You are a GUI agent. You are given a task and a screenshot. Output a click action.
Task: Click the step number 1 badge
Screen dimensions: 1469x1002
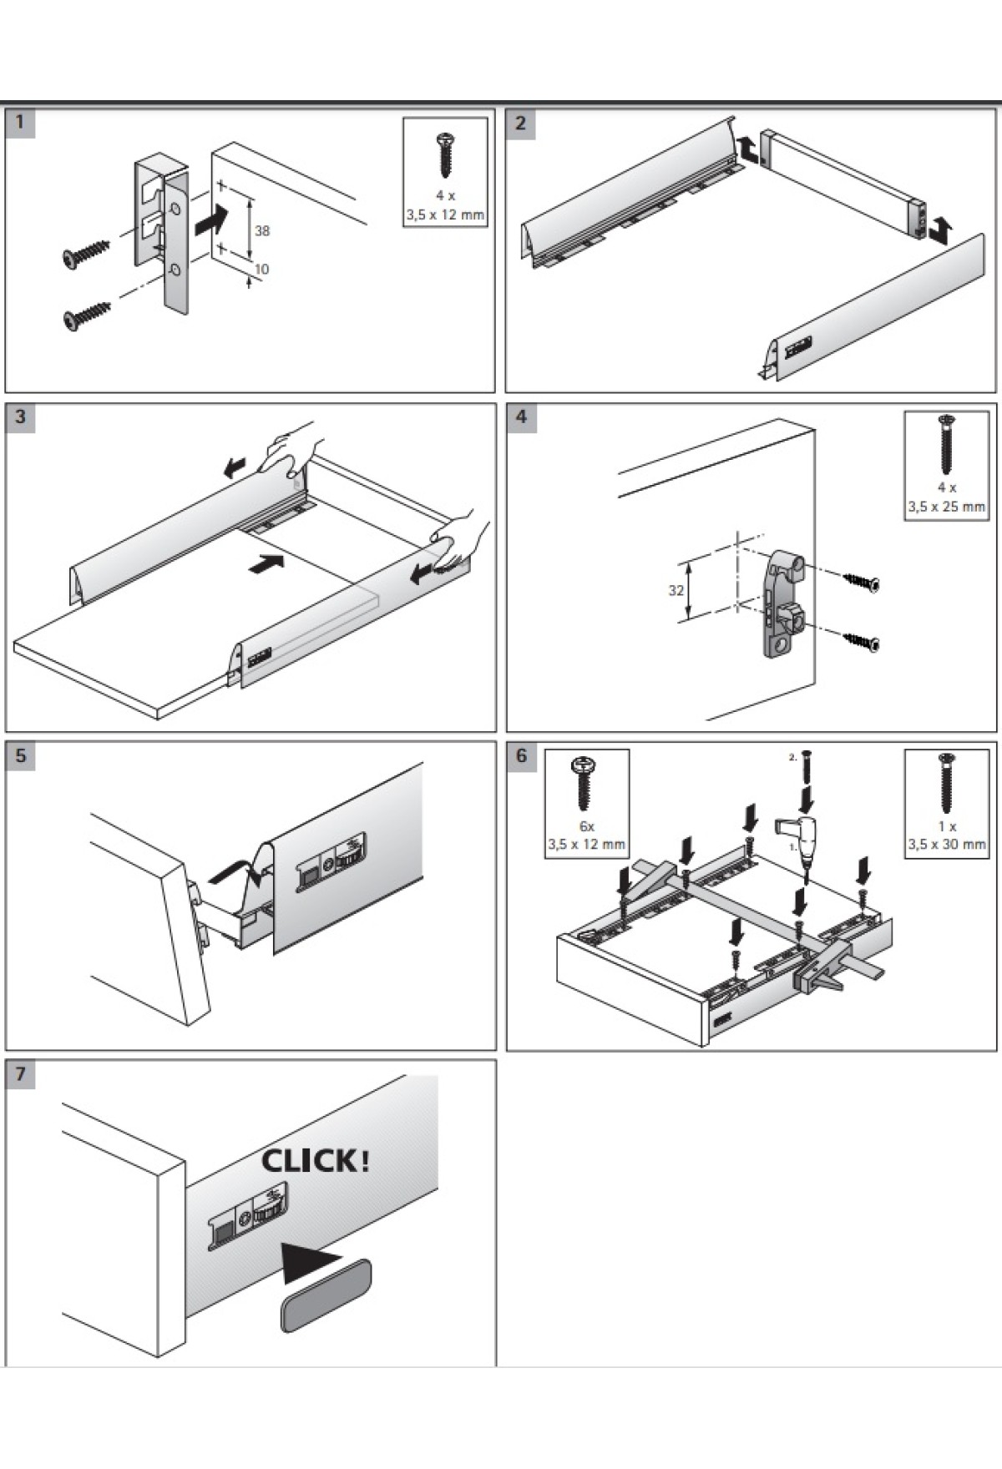pyautogui.click(x=20, y=123)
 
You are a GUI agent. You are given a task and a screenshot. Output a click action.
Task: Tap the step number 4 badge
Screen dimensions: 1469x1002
pyautogui.click(x=521, y=416)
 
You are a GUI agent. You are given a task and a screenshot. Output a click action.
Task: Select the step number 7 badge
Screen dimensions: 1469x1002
pyautogui.click(x=20, y=1073)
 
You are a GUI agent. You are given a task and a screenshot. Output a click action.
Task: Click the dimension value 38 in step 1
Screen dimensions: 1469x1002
pyautogui.click(x=261, y=230)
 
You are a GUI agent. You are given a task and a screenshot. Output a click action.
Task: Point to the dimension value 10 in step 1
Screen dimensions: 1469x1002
pyautogui.click(x=261, y=269)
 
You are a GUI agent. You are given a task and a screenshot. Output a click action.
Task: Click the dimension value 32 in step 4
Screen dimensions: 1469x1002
pyautogui.click(x=676, y=590)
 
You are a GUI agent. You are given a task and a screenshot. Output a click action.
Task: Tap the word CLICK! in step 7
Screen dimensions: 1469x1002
pyautogui.click(x=315, y=1161)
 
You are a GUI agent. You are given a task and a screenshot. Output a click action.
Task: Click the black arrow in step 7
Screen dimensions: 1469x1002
pyautogui.click(x=310, y=1263)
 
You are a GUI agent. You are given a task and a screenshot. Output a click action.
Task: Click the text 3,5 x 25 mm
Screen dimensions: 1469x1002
pyautogui.click(x=946, y=507)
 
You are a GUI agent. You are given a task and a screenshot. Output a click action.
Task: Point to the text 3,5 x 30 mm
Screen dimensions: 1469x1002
pyautogui.click(x=946, y=844)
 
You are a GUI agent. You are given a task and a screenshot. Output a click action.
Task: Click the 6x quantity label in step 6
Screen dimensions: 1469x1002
pyautogui.click(x=586, y=825)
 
